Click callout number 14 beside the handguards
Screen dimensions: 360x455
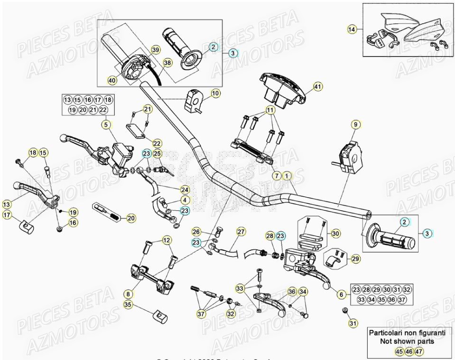click(351, 29)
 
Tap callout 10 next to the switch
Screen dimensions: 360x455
click(215, 94)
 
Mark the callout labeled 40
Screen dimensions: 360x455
click(112, 81)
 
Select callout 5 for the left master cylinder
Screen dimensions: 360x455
click(106, 125)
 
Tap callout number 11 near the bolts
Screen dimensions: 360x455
click(270, 111)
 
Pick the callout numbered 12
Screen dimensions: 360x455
click(167, 241)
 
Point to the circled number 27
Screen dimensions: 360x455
click(241, 232)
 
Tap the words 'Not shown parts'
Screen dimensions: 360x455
click(407, 341)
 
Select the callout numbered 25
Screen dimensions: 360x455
click(158, 153)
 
